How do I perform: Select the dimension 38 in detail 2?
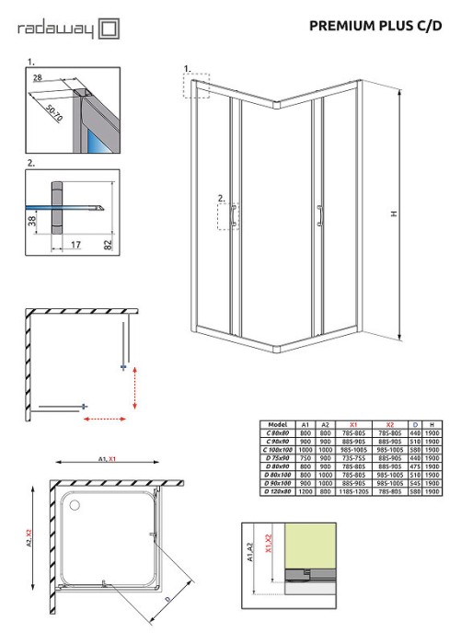pyautogui.click(x=32, y=221)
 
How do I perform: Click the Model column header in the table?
pyautogui.click(x=277, y=424)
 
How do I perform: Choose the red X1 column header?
pyautogui.click(x=352, y=424)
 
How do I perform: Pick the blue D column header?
pyautogui.click(x=416, y=424)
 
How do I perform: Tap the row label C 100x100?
pyautogui.click(x=277, y=449)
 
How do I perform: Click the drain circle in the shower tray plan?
pyautogui.click(x=74, y=503)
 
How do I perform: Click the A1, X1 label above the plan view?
pyautogui.click(x=105, y=458)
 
